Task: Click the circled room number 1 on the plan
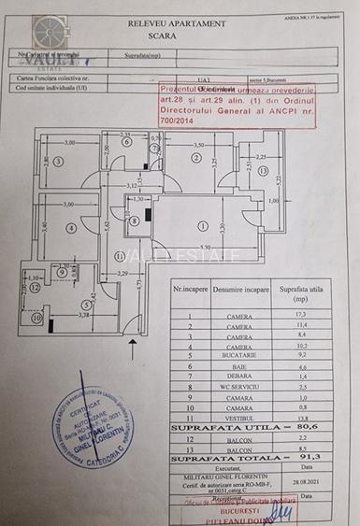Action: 203,225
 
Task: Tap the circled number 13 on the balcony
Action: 265,171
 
